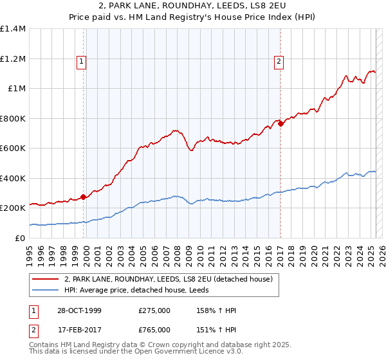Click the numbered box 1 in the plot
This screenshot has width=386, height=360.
pyautogui.click(x=82, y=62)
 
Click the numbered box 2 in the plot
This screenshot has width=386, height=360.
pyautogui.click(x=279, y=62)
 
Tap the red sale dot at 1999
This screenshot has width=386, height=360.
pyautogui.click(x=84, y=197)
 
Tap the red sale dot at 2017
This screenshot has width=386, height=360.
pyautogui.click(x=281, y=123)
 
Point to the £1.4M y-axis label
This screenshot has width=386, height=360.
pyautogui.click(x=13, y=29)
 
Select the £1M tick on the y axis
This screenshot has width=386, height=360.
pyautogui.click(x=17, y=89)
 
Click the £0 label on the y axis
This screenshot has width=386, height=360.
pyautogui.click(x=20, y=238)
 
